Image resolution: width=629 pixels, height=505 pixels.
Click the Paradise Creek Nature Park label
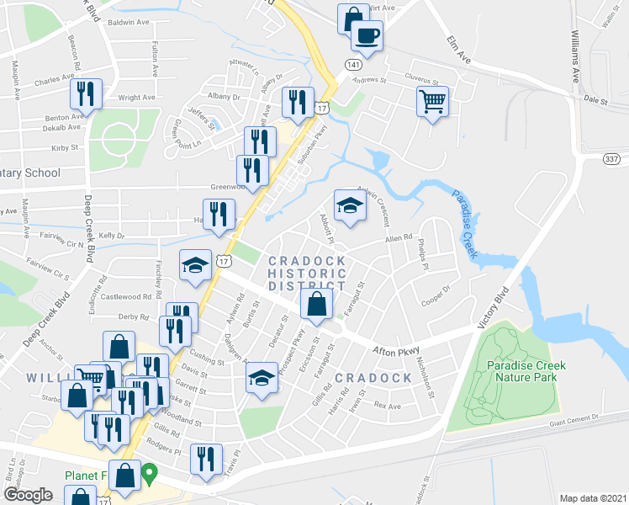coord(526,372)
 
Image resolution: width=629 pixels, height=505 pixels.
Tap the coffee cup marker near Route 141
coord(366,35)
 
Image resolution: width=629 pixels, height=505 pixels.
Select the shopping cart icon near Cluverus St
coord(432,101)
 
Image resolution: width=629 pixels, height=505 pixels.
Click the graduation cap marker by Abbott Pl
coord(350,205)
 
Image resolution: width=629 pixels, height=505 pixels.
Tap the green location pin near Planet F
coord(150,473)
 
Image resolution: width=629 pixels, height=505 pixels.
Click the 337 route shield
coord(613,157)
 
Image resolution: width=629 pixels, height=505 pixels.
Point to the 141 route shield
coord(353,65)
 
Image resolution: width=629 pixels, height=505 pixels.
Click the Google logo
coord(29,494)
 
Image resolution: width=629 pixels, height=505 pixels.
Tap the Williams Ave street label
coord(576,57)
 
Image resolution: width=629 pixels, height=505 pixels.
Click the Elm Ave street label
coord(457,49)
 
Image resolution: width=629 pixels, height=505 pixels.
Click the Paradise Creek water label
coord(465,224)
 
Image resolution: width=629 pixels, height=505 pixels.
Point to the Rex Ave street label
coord(388,406)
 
